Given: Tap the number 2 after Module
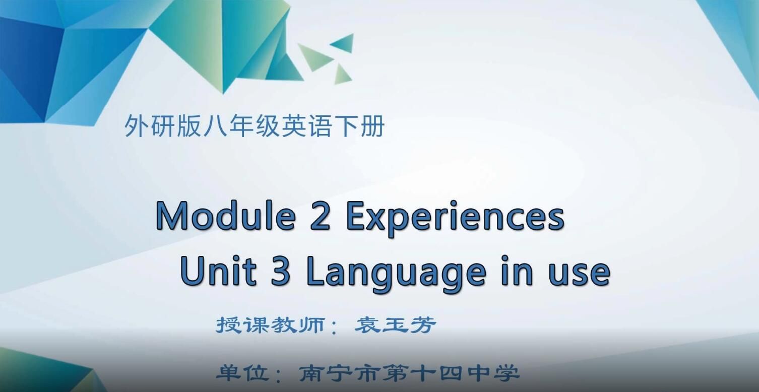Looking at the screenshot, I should (320, 216).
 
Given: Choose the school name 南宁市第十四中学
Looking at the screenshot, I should (408, 373).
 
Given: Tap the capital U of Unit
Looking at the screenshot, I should (191, 272).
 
